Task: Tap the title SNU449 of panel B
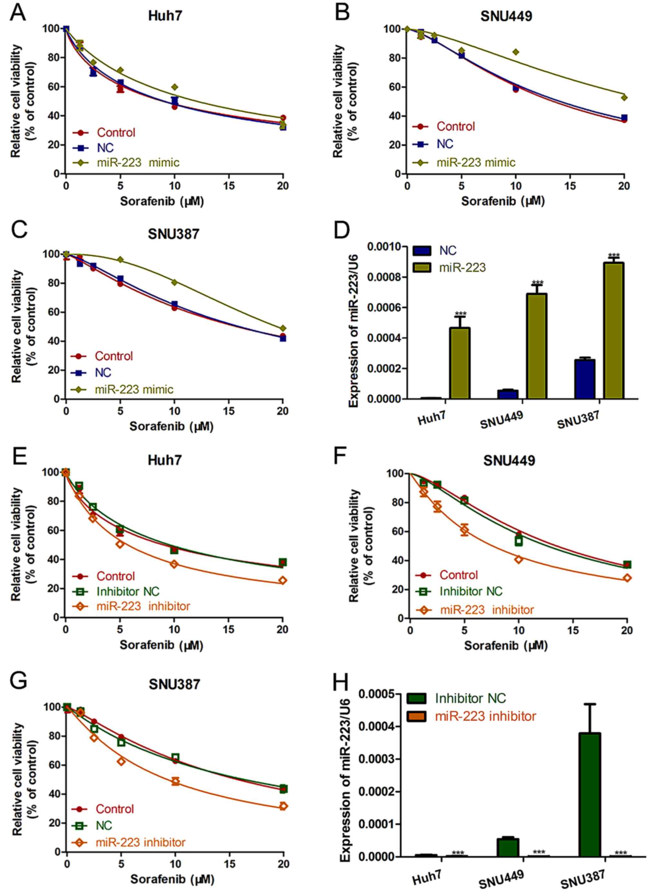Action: [506, 16]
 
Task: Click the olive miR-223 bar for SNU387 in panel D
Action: [614, 330]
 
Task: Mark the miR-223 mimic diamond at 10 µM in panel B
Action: [516, 52]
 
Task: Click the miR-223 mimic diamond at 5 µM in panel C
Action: [120, 259]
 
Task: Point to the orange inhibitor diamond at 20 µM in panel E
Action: [282, 580]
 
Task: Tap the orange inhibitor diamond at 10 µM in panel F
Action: [519, 559]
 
